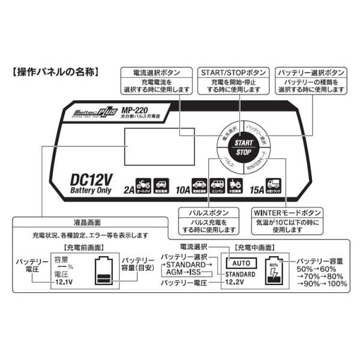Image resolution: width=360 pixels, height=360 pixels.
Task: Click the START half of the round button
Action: point(244,143)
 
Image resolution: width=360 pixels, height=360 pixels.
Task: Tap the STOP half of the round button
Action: point(244,153)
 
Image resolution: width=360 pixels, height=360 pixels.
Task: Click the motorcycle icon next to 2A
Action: point(143,184)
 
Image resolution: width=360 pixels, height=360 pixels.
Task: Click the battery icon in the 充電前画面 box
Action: point(104,273)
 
